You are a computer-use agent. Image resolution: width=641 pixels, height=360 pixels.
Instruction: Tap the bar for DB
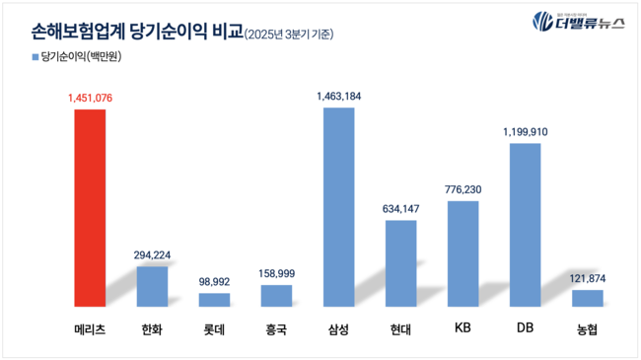point(525,225)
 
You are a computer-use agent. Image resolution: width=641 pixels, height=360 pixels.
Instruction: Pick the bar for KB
point(463,253)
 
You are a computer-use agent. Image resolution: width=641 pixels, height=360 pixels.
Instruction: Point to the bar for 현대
point(400,262)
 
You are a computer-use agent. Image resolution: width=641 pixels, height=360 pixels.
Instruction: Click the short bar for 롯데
point(214,299)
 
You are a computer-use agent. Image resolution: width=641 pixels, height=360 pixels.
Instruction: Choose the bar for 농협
point(587,298)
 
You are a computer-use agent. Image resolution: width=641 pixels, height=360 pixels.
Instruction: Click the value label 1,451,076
point(90,98)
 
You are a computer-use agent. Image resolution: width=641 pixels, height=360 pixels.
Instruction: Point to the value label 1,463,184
point(338,96)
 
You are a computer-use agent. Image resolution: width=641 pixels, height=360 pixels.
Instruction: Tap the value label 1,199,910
point(525,131)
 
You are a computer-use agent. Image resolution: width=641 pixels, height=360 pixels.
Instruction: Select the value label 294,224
point(152,254)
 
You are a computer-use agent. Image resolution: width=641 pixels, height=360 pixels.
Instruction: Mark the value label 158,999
point(276,273)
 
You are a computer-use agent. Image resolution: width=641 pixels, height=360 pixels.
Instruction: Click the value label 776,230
point(463,189)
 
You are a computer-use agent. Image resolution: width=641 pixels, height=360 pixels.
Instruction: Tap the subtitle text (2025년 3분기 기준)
point(288,33)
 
